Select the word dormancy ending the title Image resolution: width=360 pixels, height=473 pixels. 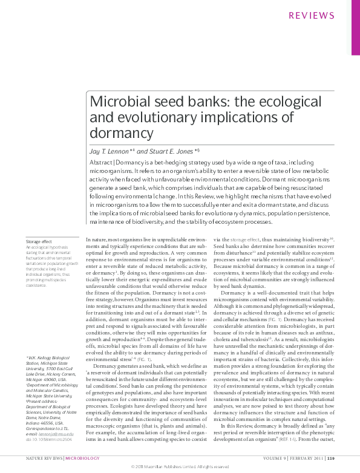tap(121, 132)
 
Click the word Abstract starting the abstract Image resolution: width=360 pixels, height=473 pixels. tap(101, 163)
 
